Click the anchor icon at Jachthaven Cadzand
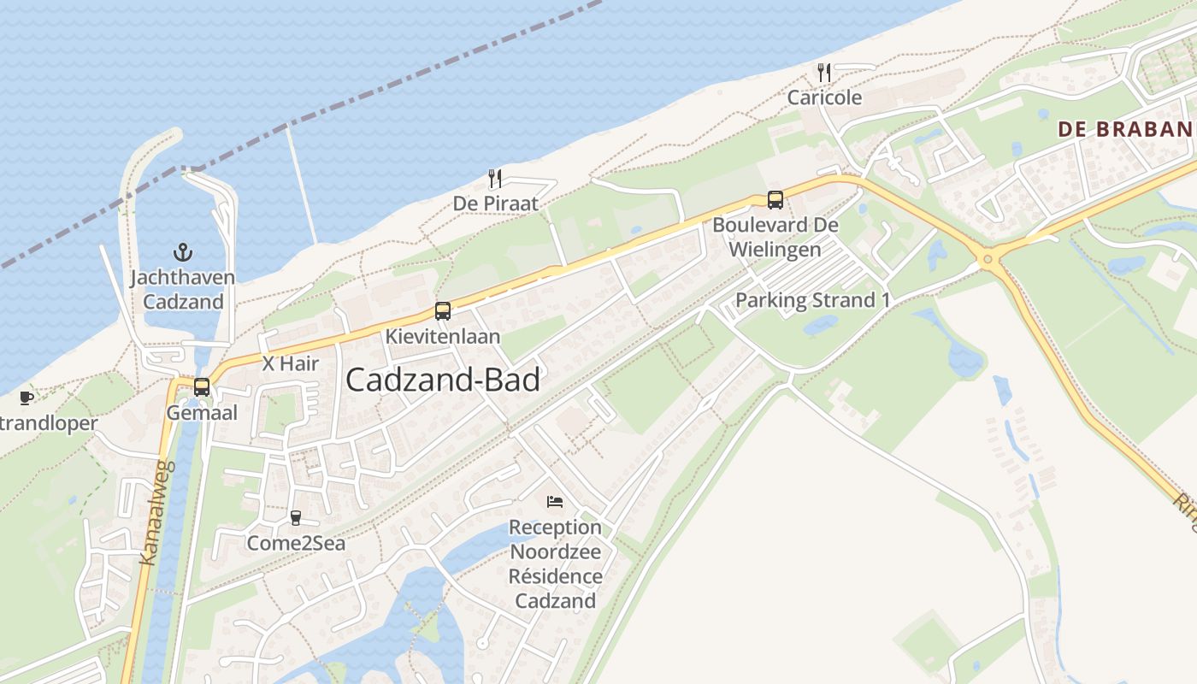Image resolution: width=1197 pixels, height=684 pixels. click(x=182, y=251)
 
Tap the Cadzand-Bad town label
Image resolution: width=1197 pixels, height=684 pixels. click(x=443, y=380)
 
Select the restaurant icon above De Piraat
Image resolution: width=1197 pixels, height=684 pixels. click(x=494, y=178)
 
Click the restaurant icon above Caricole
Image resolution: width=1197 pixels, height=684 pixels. click(x=824, y=72)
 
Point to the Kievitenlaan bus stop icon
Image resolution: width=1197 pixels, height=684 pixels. click(x=442, y=311)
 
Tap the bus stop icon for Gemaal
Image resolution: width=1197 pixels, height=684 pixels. click(x=202, y=386)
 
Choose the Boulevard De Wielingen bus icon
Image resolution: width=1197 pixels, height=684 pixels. click(x=775, y=200)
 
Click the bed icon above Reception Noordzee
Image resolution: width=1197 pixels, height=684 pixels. click(x=555, y=501)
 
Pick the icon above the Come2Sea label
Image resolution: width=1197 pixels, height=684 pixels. click(x=296, y=517)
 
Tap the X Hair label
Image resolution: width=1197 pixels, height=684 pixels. click(x=291, y=363)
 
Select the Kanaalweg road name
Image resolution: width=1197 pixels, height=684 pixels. click(x=157, y=513)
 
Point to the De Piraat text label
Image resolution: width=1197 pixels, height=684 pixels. click(x=496, y=203)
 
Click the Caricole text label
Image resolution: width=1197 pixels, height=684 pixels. click(x=824, y=97)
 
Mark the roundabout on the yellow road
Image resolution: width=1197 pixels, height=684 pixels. click(x=988, y=258)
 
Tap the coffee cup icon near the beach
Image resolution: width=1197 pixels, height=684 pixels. click(x=27, y=398)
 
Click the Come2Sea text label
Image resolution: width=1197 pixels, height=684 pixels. click(x=296, y=543)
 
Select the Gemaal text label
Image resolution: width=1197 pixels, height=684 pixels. click(x=202, y=413)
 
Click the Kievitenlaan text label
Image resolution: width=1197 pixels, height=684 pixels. click(x=442, y=337)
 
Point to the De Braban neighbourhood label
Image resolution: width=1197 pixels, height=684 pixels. click(x=1125, y=129)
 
